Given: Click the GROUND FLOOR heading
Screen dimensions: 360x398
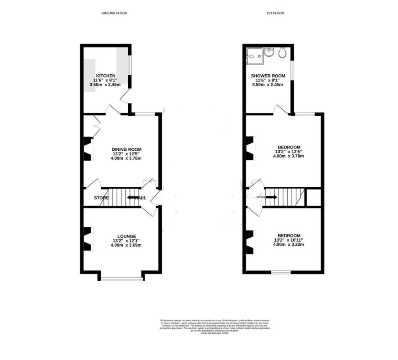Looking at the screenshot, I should tap(114, 13).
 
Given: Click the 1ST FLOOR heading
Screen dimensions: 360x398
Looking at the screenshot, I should tap(275, 13).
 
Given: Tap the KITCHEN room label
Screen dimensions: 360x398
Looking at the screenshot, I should tap(106, 76).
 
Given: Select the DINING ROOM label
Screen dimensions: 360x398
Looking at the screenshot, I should tap(127, 149).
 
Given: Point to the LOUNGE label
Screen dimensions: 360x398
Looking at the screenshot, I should tap(127, 236).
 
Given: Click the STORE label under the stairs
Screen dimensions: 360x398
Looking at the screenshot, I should tap(101, 198).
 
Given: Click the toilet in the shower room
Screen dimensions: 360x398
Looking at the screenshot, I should tap(283, 54).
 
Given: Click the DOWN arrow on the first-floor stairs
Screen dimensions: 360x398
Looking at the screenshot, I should tap(271, 197).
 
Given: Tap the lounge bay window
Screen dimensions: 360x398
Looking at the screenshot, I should tap(122, 279).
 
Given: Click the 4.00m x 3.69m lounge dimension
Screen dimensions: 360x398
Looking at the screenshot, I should tap(127, 245).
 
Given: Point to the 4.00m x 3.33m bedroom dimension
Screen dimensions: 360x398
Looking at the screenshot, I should tap(289, 245).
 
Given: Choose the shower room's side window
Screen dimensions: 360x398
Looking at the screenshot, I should tap(292, 70).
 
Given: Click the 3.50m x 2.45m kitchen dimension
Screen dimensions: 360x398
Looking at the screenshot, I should tap(105, 85).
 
